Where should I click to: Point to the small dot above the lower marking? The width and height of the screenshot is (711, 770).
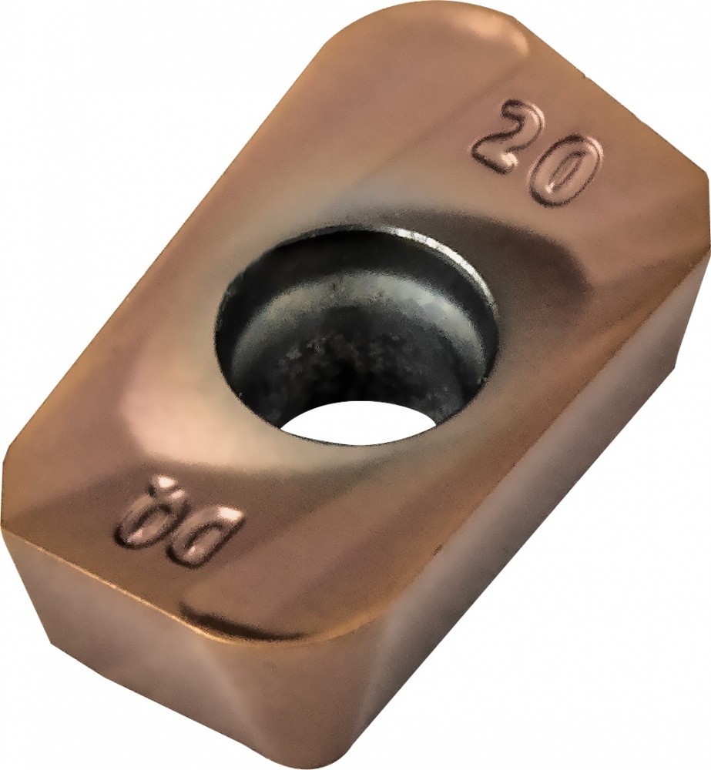[x=164, y=484]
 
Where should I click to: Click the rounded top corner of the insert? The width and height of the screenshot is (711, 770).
[x=431, y=23]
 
